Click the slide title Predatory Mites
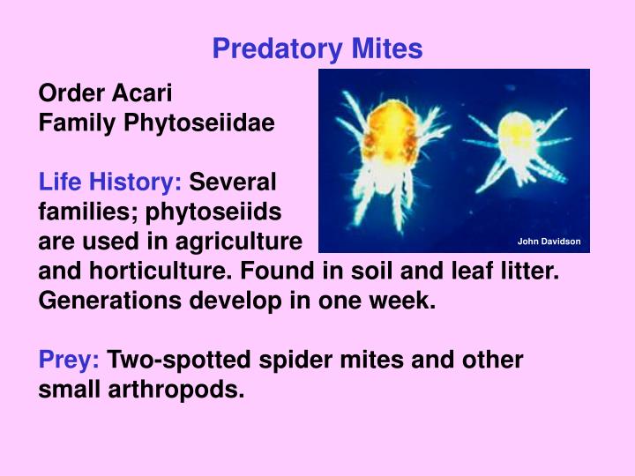[317, 49]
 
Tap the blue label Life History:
[110, 182]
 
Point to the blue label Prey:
[69, 360]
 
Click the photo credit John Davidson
[549, 242]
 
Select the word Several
[233, 182]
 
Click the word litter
[531, 271]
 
